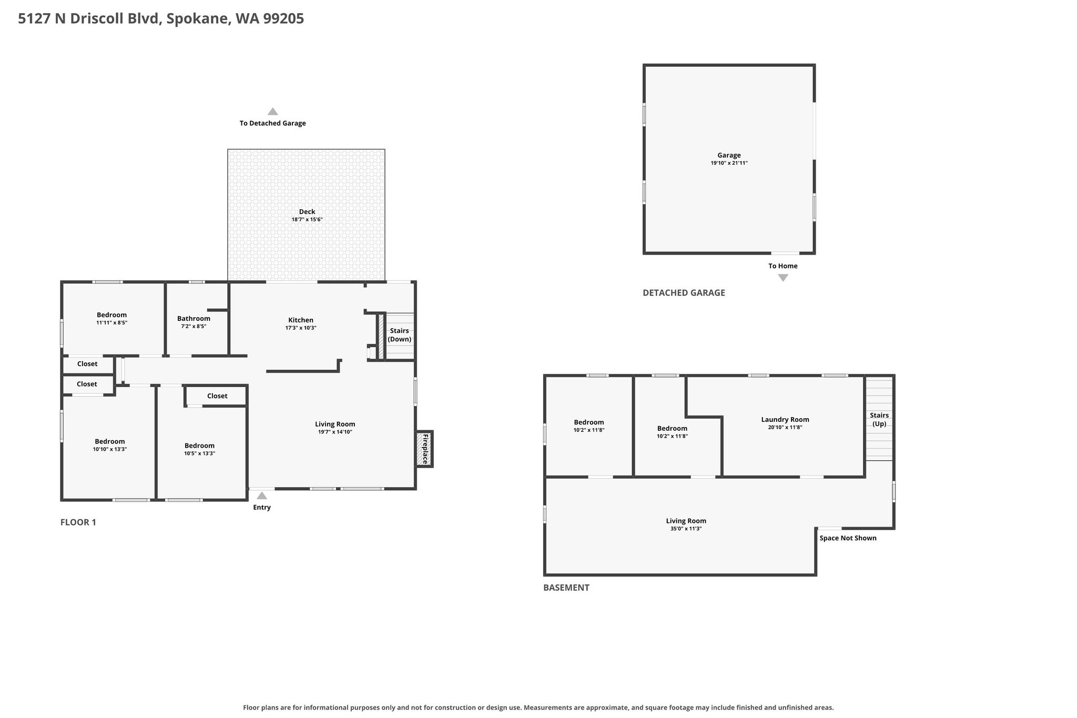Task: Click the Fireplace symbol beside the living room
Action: coord(424,449)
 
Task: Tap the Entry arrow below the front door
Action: coord(262,495)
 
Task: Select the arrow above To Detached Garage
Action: coord(272,112)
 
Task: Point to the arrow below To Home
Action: coord(783,278)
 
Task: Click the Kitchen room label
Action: coord(301,320)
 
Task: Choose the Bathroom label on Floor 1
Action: coord(194,318)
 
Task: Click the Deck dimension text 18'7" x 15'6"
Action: coord(307,219)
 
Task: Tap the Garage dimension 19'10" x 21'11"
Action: coord(729,163)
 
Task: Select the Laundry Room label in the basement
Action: coord(785,419)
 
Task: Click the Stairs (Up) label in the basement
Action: coord(879,419)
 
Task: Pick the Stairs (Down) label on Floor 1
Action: coord(400,335)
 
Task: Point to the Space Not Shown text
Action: coord(848,538)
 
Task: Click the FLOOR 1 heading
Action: coord(78,522)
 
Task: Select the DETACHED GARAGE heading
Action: coord(684,292)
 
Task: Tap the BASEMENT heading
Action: coord(566,588)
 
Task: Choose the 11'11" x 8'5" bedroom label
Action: coord(111,322)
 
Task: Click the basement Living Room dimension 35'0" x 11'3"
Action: coord(686,529)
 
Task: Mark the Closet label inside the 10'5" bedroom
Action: coord(217,396)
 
